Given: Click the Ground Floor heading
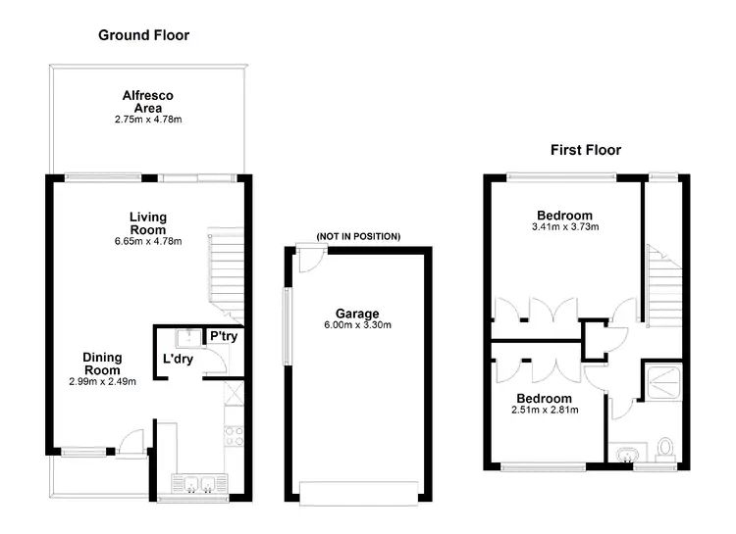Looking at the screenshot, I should click(x=143, y=35).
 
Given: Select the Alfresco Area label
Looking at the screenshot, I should click(x=148, y=101).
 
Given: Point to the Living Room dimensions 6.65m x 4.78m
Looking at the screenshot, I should click(x=148, y=241).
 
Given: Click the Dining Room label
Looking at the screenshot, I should click(x=102, y=364).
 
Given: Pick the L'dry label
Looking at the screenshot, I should click(x=178, y=360).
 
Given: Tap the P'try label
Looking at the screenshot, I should click(x=224, y=337).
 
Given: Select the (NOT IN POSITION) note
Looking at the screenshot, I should click(x=358, y=237).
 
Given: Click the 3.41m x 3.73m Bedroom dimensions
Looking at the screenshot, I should click(x=564, y=226).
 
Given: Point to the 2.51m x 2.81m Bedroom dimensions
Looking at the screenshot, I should click(x=544, y=410).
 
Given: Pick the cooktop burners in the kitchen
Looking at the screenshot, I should click(x=234, y=436).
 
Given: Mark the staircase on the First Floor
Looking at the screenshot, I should click(x=661, y=289).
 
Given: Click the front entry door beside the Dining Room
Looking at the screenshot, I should click(x=131, y=443).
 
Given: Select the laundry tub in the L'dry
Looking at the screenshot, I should click(x=183, y=339).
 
